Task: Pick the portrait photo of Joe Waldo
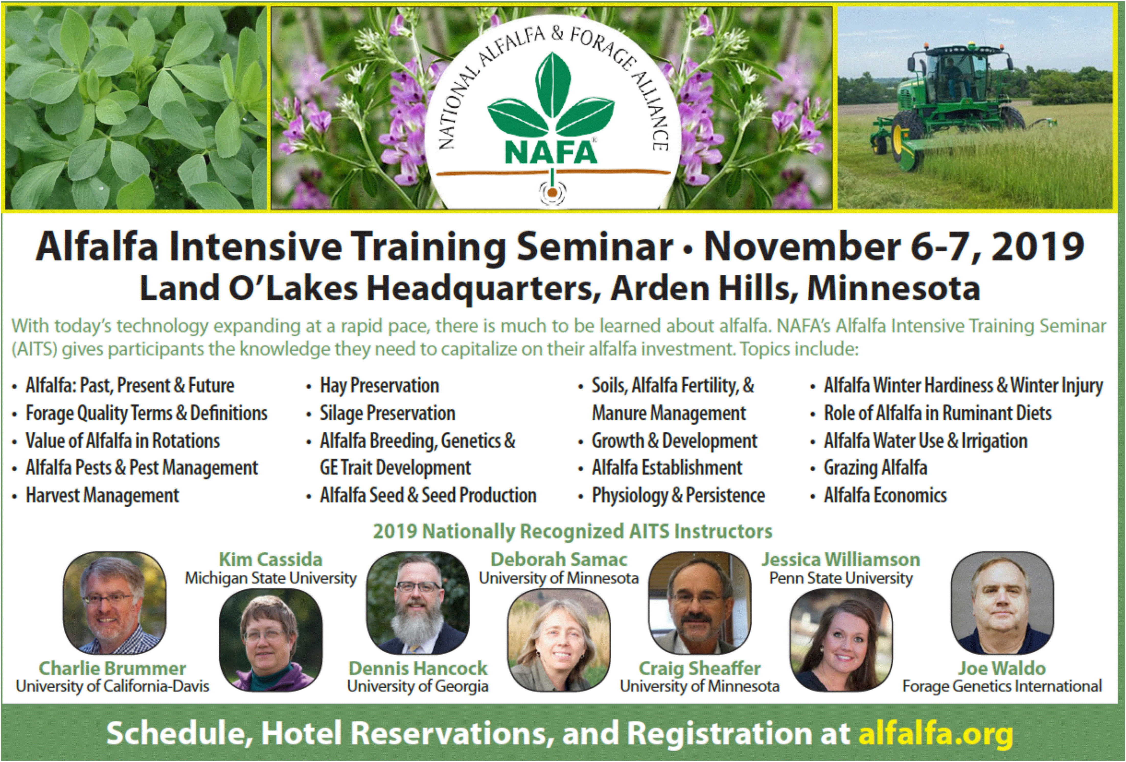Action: click(x=1002, y=602)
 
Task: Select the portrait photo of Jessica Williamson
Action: click(x=841, y=640)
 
